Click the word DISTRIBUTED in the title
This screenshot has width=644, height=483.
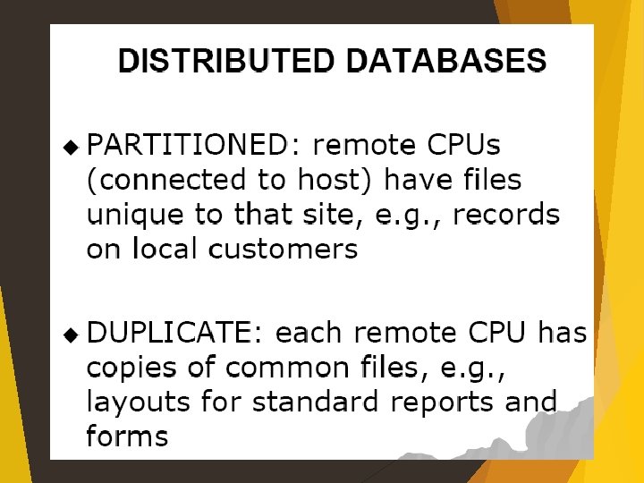coord(227,61)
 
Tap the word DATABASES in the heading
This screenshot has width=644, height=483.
coord(445,61)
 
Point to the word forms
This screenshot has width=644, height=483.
coord(127,436)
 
